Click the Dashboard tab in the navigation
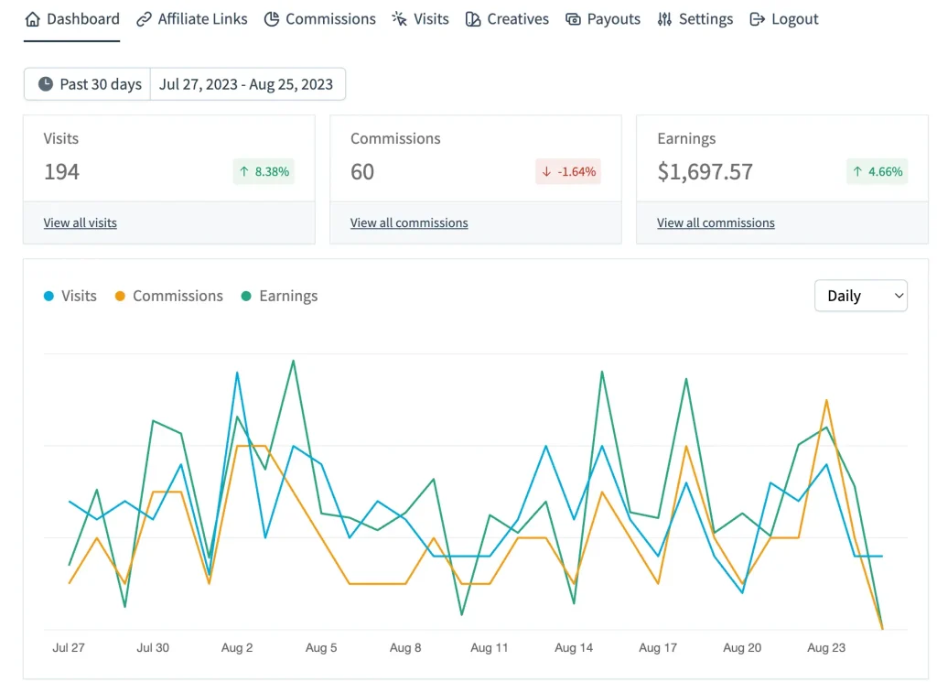tap(72, 19)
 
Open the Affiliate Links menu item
tap(192, 19)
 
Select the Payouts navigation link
tap(603, 19)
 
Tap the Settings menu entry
tap(695, 19)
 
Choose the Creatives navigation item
tap(507, 19)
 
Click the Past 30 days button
tap(89, 84)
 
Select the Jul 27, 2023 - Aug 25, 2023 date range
tap(246, 84)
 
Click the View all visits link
tap(81, 222)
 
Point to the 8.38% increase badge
tap(264, 171)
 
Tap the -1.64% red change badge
tap(568, 171)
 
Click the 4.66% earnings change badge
tap(877, 171)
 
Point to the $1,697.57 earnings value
tap(705, 171)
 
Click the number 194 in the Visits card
tap(62, 171)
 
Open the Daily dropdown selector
tap(860, 296)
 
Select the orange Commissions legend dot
tap(120, 296)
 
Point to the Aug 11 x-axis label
tap(490, 647)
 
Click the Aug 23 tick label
tap(826, 647)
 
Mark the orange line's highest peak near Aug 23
tap(826, 400)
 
